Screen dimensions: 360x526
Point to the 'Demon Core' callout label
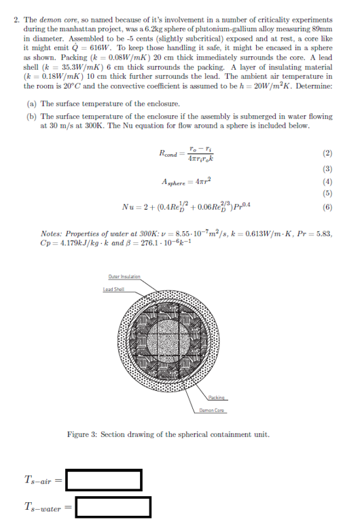click(x=213, y=410)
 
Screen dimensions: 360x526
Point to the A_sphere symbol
click(x=174, y=183)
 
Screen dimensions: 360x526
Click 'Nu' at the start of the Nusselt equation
click(x=127, y=207)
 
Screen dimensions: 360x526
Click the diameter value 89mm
click(x=324, y=30)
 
